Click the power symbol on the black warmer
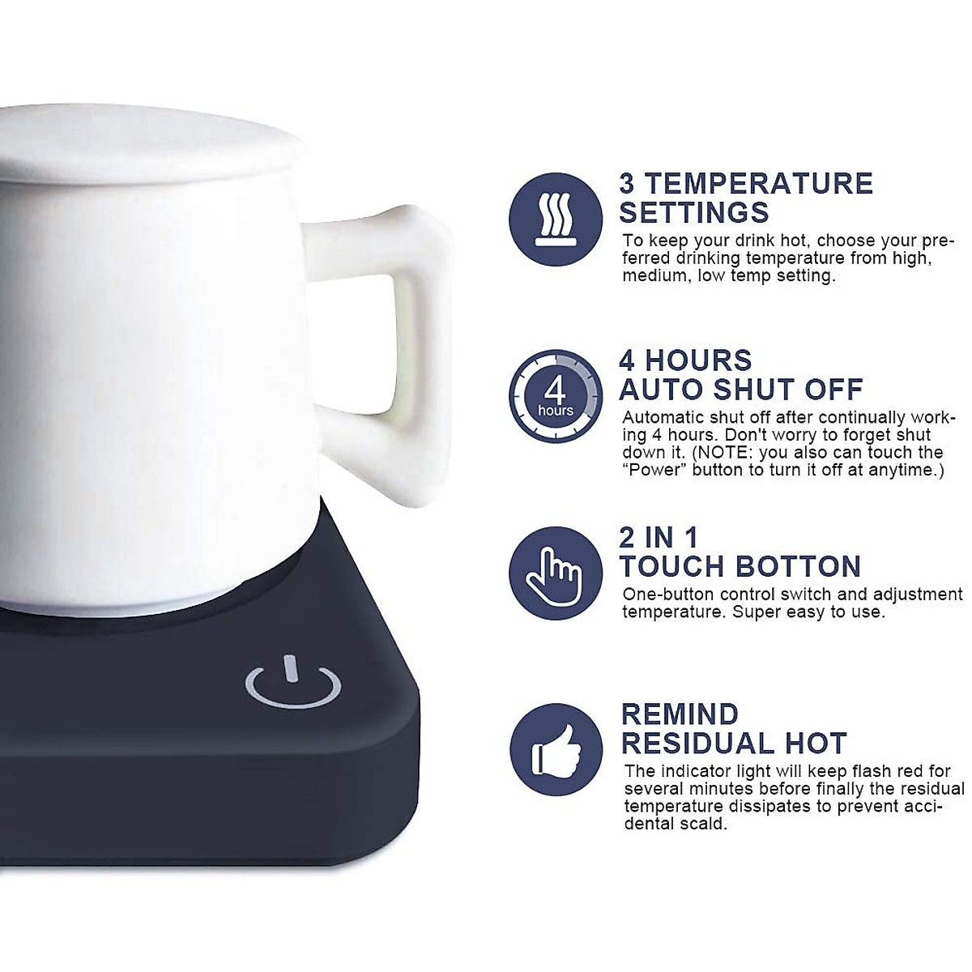pyautogui.click(x=292, y=684)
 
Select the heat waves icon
pyautogui.click(x=556, y=219)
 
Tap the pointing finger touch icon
pyautogui.click(x=556, y=573)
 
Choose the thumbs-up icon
pyautogui.click(x=556, y=749)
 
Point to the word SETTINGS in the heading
pyautogui.click(x=694, y=212)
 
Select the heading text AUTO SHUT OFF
pyautogui.click(x=741, y=390)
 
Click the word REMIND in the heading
pyautogui.click(x=680, y=714)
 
